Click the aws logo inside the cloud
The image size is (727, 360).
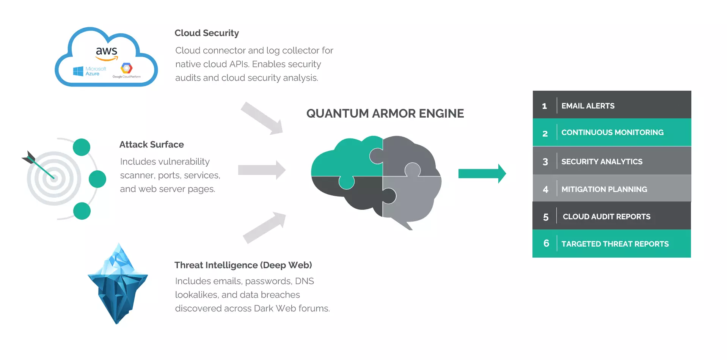(107, 53)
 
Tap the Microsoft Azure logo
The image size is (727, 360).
(90, 71)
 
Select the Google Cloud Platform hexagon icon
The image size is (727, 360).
(126, 68)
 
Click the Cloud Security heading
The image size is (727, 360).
(207, 33)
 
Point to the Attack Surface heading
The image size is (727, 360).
(151, 145)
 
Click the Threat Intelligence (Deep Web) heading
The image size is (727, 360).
(243, 265)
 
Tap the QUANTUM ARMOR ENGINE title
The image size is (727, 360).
(385, 113)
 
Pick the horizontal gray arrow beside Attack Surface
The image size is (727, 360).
(262, 170)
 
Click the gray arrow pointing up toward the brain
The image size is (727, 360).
(264, 227)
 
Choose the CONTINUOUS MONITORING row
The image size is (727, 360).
(612, 132)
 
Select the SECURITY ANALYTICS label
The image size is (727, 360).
(602, 162)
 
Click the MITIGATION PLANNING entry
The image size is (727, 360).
(604, 189)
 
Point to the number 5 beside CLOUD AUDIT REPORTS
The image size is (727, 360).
(546, 217)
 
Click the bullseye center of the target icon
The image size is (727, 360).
(54, 178)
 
